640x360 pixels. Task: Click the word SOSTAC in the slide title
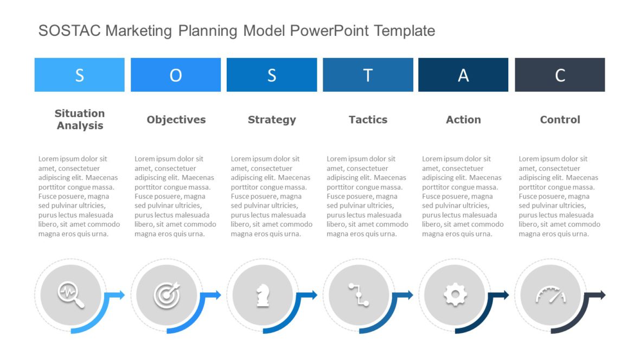pos(69,31)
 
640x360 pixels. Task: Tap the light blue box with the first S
pos(79,75)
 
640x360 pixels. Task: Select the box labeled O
pos(176,75)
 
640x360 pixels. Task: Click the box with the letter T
pos(368,75)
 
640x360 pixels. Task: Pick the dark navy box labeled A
pos(463,75)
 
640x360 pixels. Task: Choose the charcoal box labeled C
pos(560,75)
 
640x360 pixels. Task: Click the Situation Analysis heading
pos(80,119)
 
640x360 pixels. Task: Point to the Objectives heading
pos(176,120)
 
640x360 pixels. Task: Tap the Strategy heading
pos(272,120)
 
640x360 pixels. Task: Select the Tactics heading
pos(368,120)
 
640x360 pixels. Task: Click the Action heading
pos(463,120)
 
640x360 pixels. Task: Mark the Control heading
pos(560,120)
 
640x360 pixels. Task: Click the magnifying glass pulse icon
pos(71,295)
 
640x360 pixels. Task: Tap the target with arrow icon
pos(167,295)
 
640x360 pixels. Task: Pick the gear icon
pos(455,295)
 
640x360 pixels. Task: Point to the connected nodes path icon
pos(359,295)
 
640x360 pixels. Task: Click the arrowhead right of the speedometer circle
pos(601,295)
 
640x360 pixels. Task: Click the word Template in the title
pos(404,31)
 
